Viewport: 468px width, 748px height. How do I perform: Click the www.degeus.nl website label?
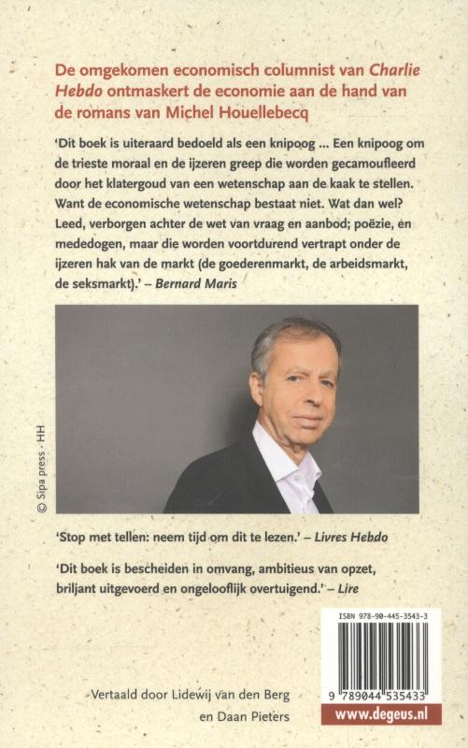380,714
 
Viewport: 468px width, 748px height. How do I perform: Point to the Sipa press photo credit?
41,467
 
